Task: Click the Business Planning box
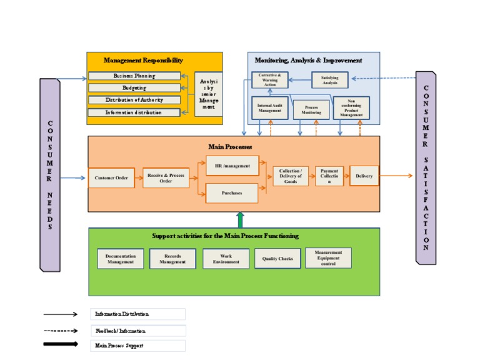tap(134, 76)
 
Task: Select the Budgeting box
tap(134, 88)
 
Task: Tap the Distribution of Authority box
tap(134, 100)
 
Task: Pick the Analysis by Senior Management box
tap(209, 94)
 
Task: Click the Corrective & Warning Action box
tap(270, 79)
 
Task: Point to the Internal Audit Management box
tap(270, 108)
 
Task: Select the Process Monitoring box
tap(311, 111)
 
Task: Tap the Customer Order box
tap(111, 178)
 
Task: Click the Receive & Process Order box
tap(166, 178)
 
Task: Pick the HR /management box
tap(232, 166)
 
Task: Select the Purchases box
tap(232, 193)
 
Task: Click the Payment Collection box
tap(329, 176)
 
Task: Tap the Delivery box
tap(364, 176)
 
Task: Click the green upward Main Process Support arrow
tap(240, 219)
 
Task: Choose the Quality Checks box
tap(277, 259)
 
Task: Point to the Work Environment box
tap(226, 259)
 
